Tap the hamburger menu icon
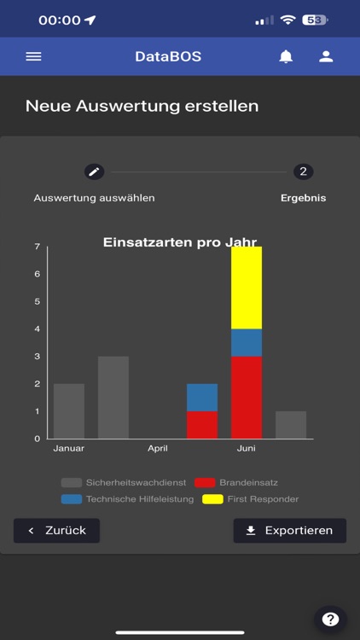pyautogui.click(x=33, y=56)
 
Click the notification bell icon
pyautogui.click(x=286, y=56)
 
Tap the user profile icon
pyautogui.click(x=326, y=56)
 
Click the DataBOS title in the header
pyautogui.click(x=168, y=56)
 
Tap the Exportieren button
pyautogui.click(x=289, y=530)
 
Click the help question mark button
pyautogui.click(x=330, y=620)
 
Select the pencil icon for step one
pyautogui.click(x=94, y=172)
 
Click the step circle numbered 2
pyautogui.click(x=303, y=172)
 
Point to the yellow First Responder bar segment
pyautogui.click(x=247, y=288)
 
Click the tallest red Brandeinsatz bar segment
pyautogui.click(x=247, y=397)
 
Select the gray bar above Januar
pyautogui.click(x=69, y=410)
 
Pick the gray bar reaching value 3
pyautogui.click(x=113, y=397)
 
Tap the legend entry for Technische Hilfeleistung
pyautogui.click(x=127, y=498)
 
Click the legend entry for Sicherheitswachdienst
pyautogui.click(x=125, y=482)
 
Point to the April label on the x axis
pyautogui.click(x=158, y=447)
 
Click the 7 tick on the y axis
pyautogui.click(x=37, y=247)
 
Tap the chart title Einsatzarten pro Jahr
pyautogui.click(x=180, y=242)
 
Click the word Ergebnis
pyautogui.click(x=303, y=198)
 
